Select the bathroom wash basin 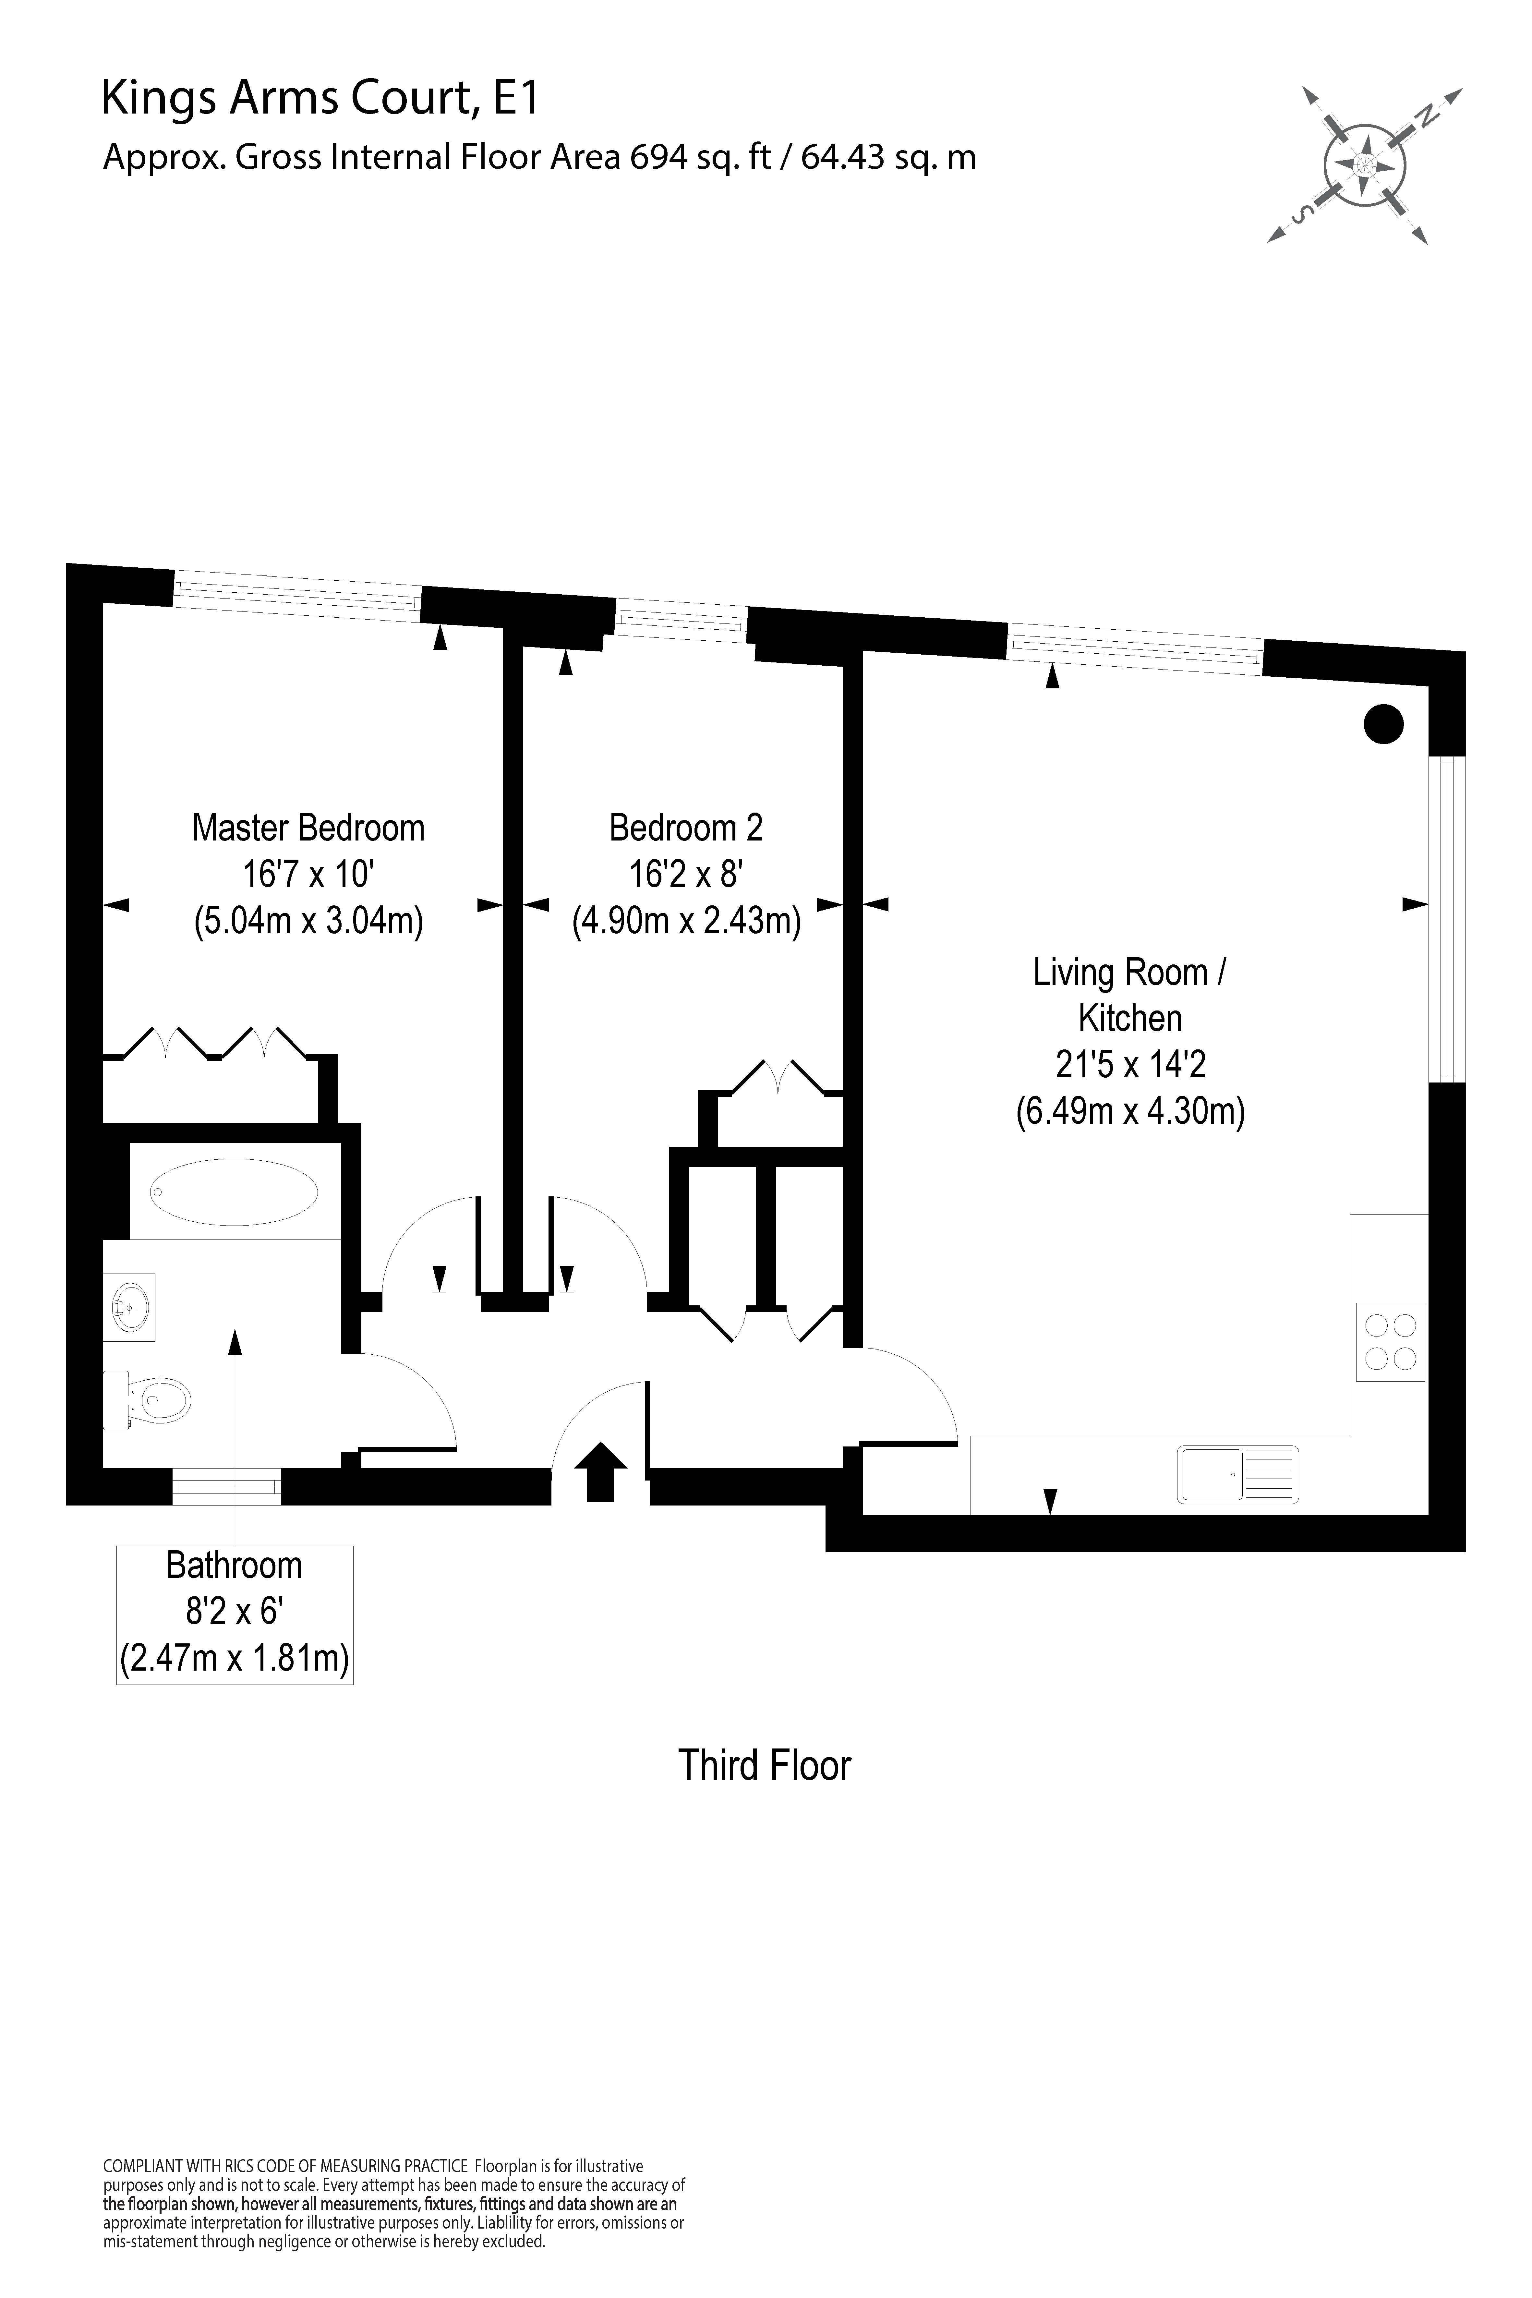pos(131,1302)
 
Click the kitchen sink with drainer pos(1238,1473)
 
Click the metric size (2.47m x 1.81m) pos(235,1658)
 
